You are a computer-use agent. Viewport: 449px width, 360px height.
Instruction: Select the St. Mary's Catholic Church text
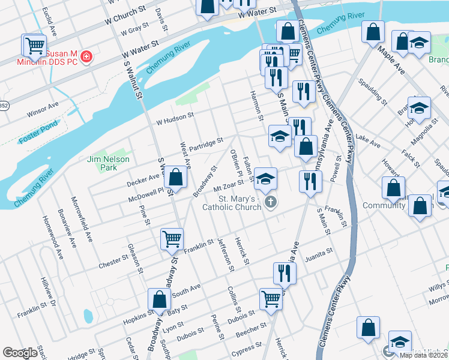coord(239,203)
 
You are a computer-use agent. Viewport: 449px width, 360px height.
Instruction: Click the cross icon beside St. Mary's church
coord(271,202)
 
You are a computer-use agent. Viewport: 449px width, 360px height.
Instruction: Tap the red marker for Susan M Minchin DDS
coord(87,58)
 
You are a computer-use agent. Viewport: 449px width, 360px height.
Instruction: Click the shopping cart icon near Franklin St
coord(172,239)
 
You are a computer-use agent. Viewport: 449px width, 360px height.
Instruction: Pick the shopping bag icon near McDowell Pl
coord(175,177)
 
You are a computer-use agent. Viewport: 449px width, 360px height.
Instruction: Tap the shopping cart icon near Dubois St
coord(271,298)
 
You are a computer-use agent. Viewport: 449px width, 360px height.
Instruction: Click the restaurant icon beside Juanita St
coord(285,273)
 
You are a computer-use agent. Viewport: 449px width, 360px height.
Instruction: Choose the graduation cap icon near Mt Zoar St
coord(265,179)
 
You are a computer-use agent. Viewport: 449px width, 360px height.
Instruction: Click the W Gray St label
coord(134,29)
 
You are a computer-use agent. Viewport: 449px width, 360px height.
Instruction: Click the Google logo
coord(20,352)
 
